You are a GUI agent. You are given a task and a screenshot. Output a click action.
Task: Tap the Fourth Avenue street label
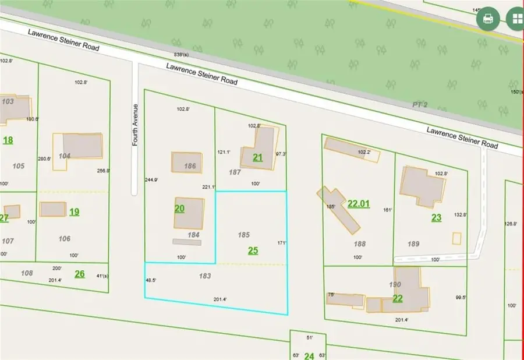point(135,125)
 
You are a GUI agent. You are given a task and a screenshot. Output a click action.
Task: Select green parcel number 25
point(253,250)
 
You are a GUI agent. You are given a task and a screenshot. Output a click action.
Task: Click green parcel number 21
point(258,157)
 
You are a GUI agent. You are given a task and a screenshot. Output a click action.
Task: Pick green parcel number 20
point(179,208)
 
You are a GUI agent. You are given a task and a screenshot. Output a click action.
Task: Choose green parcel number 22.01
point(359,204)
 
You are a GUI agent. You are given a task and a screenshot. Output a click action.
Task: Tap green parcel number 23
point(437,217)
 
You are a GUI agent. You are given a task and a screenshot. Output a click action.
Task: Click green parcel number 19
point(74,211)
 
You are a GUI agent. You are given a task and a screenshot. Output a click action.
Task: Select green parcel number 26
point(80,274)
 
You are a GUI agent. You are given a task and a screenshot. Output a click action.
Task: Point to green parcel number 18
point(8,140)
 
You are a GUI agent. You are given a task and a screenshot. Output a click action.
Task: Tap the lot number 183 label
point(204,276)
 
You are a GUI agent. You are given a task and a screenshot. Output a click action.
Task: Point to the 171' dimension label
point(282,242)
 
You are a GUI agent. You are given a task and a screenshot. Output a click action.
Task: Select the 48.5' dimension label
point(151,280)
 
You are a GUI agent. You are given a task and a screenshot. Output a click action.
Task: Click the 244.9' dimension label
point(151,180)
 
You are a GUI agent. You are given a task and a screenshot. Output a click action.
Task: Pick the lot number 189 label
point(415,244)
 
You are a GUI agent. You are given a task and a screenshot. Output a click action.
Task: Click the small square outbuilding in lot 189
point(456,238)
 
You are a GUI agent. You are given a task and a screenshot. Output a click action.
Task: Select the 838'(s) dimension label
point(182,54)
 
